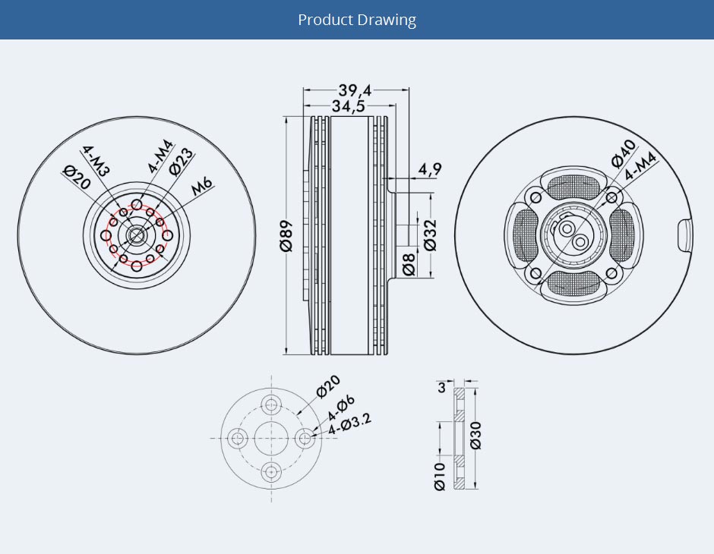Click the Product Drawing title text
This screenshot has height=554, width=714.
357,20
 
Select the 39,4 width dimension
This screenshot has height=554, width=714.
355,91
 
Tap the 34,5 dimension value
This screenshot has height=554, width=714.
348,106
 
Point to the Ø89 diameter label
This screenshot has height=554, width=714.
286,236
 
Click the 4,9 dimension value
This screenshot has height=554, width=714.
429,169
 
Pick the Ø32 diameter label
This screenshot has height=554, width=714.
429,235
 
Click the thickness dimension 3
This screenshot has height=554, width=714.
441,388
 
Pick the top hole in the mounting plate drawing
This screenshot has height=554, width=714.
271,404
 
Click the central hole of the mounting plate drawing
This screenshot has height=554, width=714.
271,438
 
